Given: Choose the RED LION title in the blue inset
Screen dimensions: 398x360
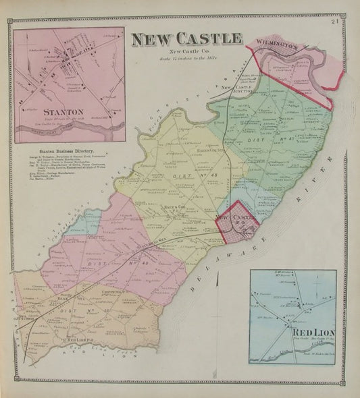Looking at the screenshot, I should tap(309, 333).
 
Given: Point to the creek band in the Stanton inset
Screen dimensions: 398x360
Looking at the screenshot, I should tap(68, 131).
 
